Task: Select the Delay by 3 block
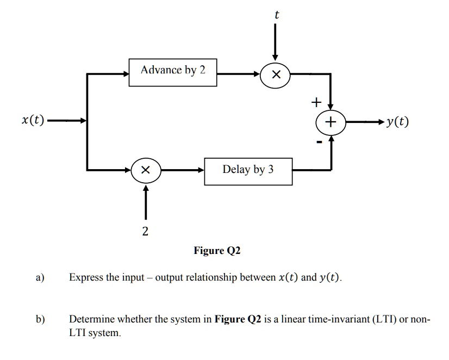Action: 248,171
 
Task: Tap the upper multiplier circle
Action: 275,75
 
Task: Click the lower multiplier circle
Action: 145,170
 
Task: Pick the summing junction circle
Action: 330,121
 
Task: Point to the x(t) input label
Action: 33,120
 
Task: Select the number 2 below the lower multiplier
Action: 145,232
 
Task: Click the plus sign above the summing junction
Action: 316,102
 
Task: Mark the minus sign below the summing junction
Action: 321,142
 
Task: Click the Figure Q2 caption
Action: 217,251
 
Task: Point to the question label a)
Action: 40,277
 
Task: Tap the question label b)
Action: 40,319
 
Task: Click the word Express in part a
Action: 86,277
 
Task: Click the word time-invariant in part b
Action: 335,319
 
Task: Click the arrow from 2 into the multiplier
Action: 145,201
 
